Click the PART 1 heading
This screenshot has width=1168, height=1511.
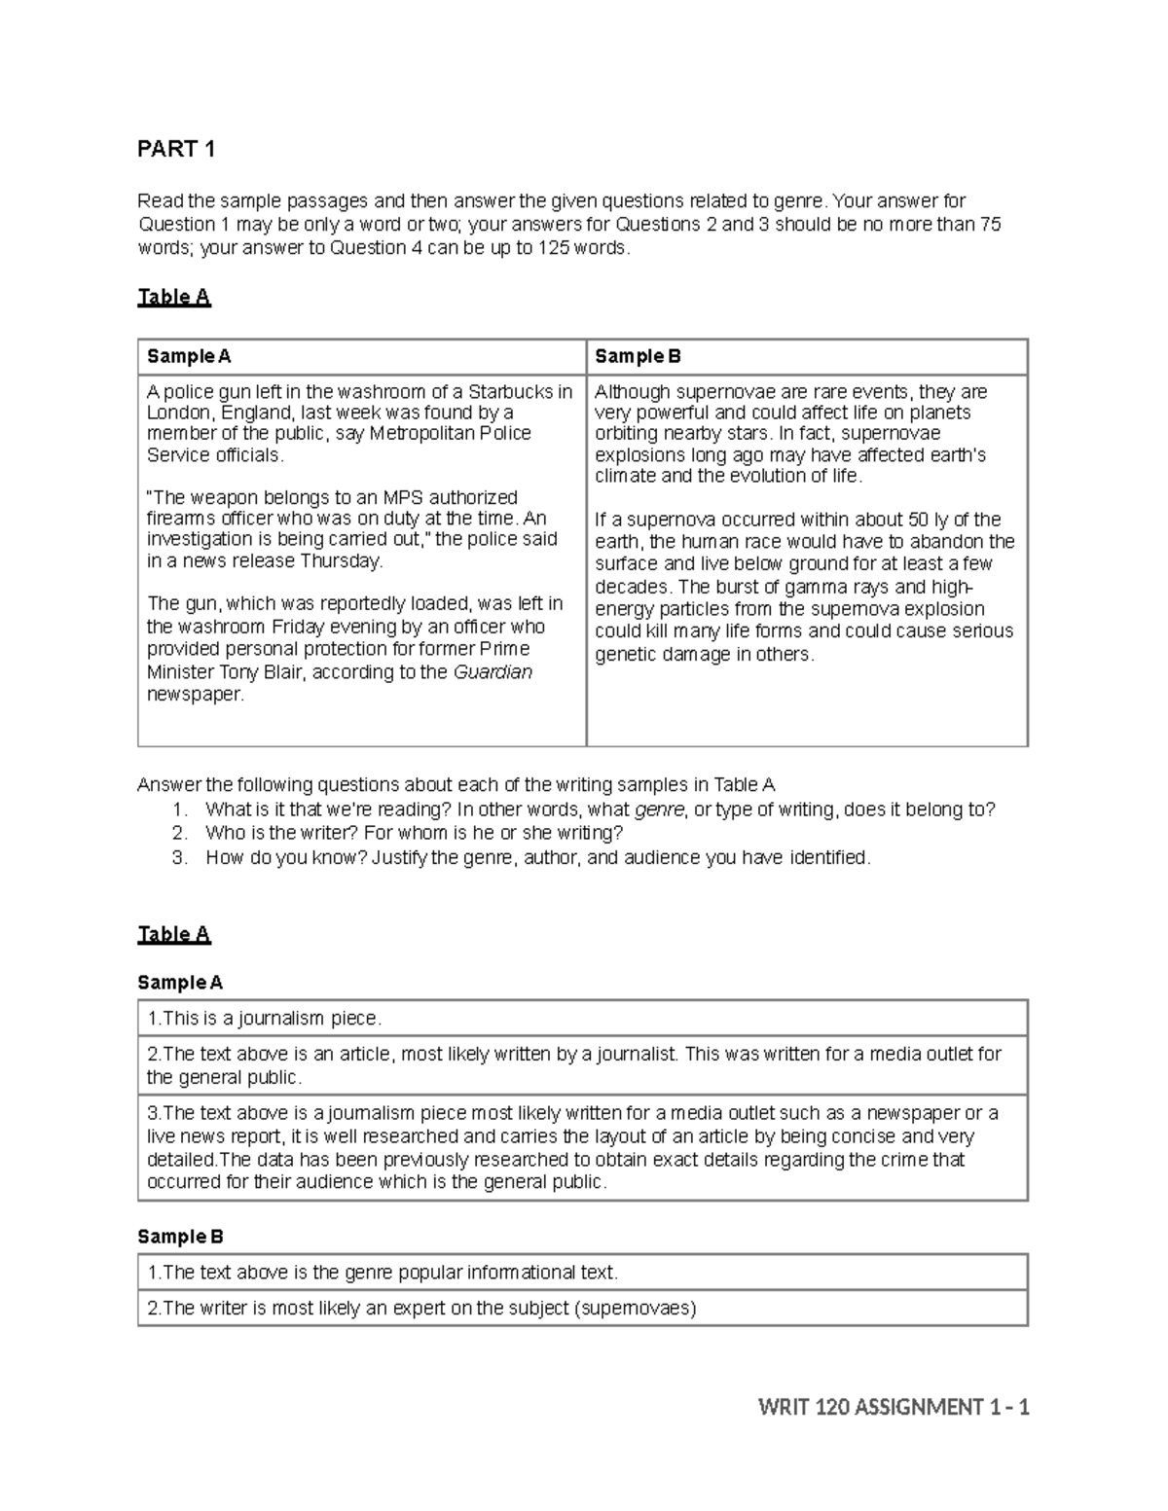(x=176, y=149)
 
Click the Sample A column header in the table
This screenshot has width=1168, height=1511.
(x=189, y=356)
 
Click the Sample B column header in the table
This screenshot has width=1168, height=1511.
(x=638, y=356)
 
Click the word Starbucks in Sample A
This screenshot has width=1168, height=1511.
(x=512, y=392)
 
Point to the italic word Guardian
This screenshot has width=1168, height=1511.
(x=493, y=672)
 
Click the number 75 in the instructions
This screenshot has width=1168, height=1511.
(x=990, y=225)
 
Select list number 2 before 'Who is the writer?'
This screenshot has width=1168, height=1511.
(x=179, y=833)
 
